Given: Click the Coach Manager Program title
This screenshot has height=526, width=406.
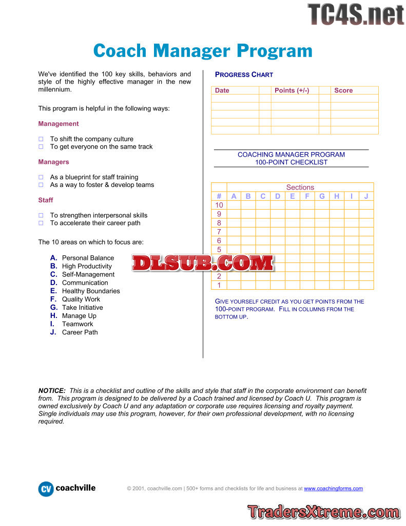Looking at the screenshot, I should [x=203, y=51].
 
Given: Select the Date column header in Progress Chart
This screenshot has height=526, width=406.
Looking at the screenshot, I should [x=222, y=90].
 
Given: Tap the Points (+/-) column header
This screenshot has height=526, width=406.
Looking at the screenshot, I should [x=292, y=90].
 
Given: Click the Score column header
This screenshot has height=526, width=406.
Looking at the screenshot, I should [x=343, y=90].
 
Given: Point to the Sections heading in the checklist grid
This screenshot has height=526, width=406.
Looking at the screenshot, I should [x=300, y=187].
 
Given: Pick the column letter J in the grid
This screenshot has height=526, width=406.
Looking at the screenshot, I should [x=366, y=196].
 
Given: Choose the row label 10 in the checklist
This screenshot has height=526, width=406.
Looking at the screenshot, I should [x=219, y=205].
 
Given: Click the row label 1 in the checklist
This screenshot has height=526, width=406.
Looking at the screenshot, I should [x=219, y=285].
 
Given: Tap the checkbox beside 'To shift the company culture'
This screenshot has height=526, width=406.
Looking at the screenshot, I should [x=41, y=139].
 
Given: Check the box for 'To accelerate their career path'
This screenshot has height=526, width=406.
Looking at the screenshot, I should [x=41, y=223].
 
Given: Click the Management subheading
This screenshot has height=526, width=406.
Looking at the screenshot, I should [x=59, y=124].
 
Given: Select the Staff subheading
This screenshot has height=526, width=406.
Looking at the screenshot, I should [x=46, y=200].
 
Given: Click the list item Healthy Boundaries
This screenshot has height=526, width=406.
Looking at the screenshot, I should [x=91, y=291].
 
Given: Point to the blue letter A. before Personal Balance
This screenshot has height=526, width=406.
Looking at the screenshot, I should [x=53, y=258].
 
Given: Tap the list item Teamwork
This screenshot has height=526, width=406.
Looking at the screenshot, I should [x=78, y=324].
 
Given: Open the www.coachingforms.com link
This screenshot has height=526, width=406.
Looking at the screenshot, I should [x=333, y=489].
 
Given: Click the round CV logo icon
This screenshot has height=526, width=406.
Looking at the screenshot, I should [x=46, y=489].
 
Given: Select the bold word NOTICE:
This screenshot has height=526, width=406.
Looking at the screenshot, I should [x=52, y=391].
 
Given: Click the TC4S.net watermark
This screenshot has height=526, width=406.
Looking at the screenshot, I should [x=356, y=14].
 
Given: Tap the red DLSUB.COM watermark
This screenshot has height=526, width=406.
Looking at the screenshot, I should [x=203, y=264].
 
